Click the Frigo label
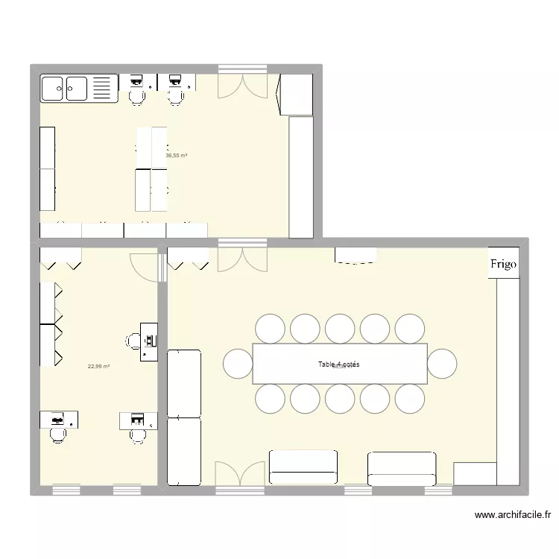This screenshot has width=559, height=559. (503, 265)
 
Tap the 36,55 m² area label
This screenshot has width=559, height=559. (176, 156)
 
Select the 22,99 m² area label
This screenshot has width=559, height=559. (98, 366)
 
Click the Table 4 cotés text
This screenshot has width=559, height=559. (339, 364)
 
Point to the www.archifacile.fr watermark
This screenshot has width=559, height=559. (513, 514)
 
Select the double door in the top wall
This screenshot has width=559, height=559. (241, 84)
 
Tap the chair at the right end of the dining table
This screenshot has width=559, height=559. (441, 364)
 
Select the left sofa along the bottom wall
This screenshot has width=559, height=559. (303, 467)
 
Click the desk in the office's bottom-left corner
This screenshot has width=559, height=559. (60, 420)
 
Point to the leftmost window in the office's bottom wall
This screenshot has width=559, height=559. (66, 490)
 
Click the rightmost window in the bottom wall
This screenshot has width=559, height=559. (438, 490)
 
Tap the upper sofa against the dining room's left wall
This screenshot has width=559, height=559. (184, 382)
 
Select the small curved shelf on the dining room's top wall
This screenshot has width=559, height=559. (356, 254)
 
